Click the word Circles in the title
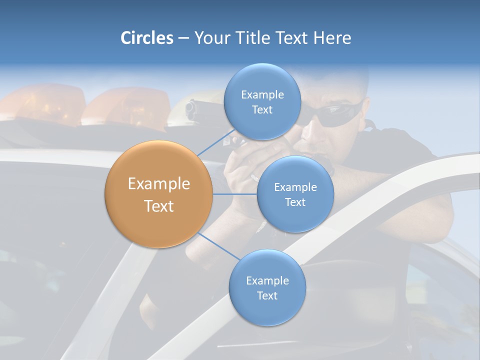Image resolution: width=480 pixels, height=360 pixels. coord(146,38)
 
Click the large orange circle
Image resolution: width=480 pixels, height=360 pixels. coord(158,194)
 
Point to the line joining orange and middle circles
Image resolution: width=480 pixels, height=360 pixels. coord(235,194)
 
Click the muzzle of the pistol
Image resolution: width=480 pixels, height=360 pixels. coord(190,109)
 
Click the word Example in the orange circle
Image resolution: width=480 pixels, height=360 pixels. coord(158,183)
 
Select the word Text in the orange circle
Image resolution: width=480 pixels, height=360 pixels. coord(158,205)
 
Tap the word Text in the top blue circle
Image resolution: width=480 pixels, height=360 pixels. coord(262,110)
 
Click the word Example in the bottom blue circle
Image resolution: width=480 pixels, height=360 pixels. coord(267,280)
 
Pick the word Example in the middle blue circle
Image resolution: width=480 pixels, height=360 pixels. coord(295,187)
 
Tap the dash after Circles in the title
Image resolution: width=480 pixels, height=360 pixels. coord(183,38)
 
